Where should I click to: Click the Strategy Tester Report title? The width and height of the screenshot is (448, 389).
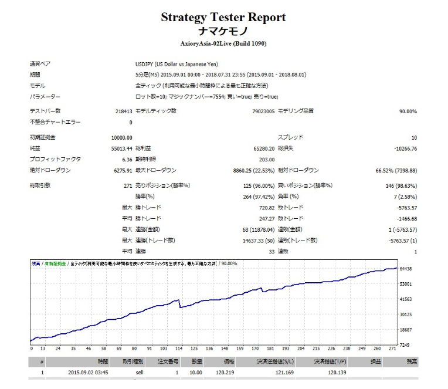click(223, 18)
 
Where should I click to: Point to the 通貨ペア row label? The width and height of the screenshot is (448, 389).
click(40, 63)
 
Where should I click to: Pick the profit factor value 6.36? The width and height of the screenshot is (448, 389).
click(125, 160)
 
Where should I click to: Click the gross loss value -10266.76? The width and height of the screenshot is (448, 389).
click(405, 148)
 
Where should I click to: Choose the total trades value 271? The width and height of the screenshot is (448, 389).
click(127, 185)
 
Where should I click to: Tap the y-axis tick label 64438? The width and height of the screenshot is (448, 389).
click(406, 269)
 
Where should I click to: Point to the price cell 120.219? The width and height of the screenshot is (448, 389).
click(226, 372)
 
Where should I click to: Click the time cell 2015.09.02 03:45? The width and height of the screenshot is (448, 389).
click(87, 372)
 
